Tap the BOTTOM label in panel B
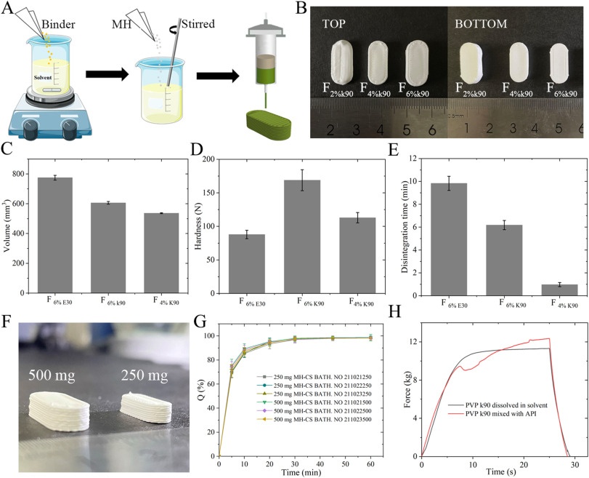pyautogui.click(x=482, y=23)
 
